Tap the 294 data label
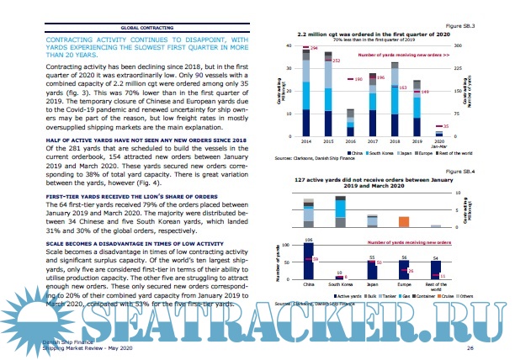coord(314,49)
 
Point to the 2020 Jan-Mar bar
coord(438,134)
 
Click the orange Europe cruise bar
coord(404,221)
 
